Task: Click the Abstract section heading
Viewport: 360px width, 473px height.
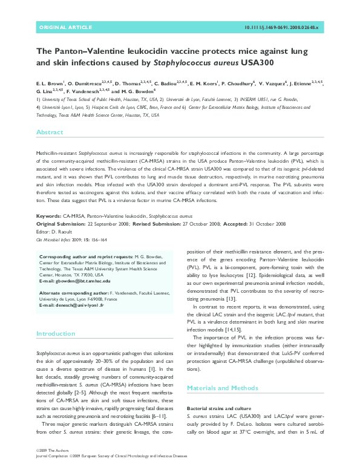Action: click(x=50, y=132)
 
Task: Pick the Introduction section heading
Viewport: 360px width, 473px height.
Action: click(x=56, y=333)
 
